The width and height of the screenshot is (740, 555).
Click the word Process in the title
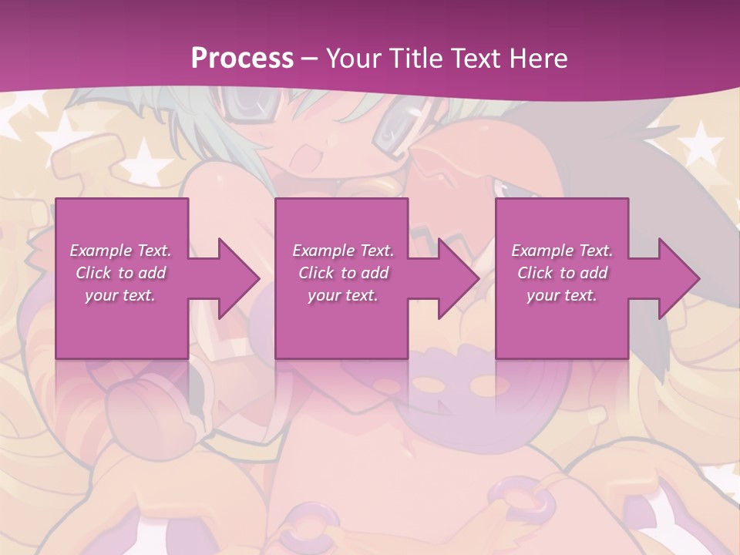pos(242,59)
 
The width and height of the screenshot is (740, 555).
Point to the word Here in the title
pos(537,59)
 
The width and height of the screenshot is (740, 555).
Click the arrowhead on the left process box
pos(234,278)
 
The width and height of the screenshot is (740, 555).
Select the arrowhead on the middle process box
pos(454,278)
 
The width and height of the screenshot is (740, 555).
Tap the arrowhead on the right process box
pos(674,278)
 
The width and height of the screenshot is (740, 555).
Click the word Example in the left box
pos(100,251)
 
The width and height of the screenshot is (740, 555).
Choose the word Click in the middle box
pos(316,273)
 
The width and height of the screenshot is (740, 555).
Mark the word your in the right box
pos(543,295)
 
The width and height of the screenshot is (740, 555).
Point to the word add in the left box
pos(153,273)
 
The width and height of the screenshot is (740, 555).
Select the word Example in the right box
pos(542,251)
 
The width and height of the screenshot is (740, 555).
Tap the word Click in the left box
pos(93,273)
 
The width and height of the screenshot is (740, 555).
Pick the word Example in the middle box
pos(323,251)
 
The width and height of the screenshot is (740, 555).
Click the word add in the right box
pos(594,273)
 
